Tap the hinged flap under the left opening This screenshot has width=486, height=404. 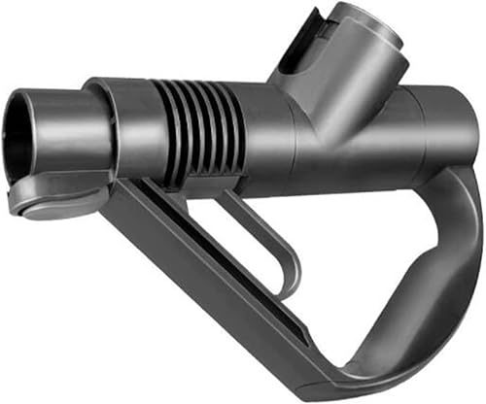[53, 198]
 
